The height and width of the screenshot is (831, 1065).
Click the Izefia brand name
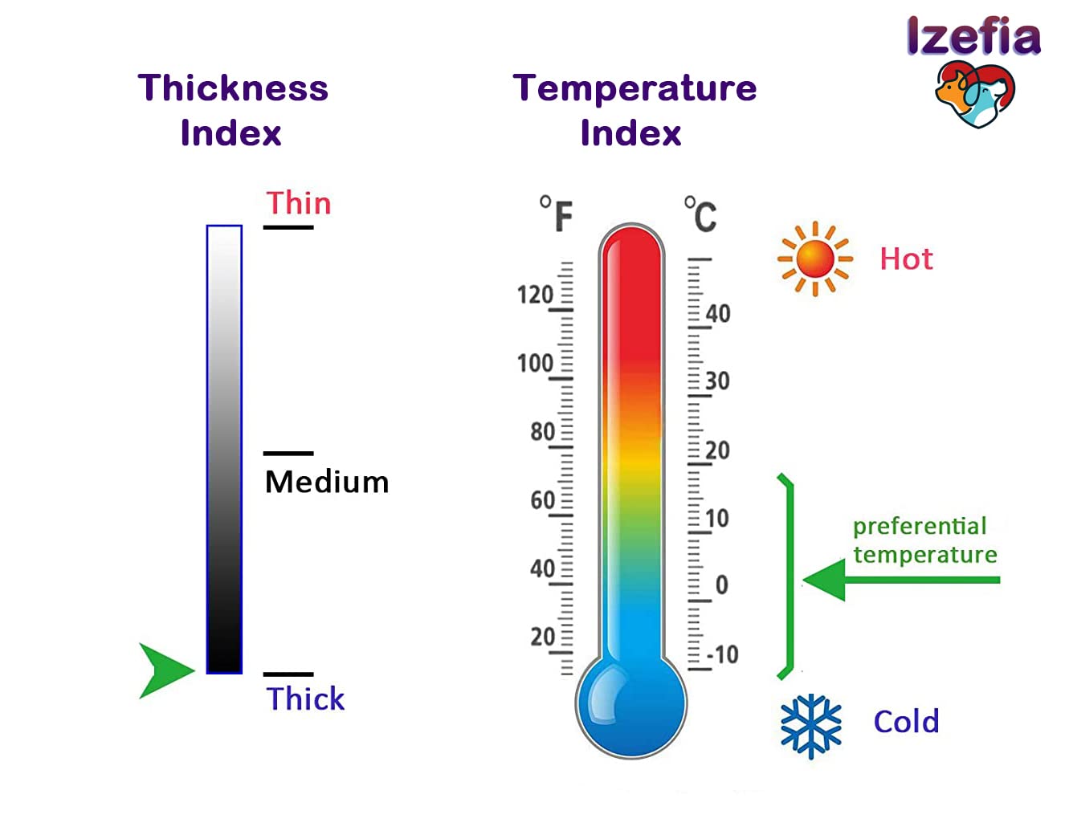point(973,37)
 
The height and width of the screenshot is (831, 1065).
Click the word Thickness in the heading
point(233,88)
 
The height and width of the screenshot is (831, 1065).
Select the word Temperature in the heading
point(635,88)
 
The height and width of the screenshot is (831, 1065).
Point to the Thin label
point(298,203)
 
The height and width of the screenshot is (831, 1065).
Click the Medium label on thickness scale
point(327,482)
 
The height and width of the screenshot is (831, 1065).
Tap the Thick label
point(305,699)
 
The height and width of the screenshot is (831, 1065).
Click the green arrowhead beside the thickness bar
point(165,670)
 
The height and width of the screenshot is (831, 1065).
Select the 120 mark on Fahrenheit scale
point(535,295)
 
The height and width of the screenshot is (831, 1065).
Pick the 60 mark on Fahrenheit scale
point(542,500)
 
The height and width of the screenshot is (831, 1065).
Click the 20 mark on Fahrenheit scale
point(542,637)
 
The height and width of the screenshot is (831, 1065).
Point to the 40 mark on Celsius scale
point(718,313)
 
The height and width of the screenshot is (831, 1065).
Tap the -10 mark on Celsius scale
point(723,654)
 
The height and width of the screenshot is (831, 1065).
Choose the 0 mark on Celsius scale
point(721,585)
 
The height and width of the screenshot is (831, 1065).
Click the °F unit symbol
point(557,214)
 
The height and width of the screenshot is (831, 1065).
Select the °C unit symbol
point(700,214)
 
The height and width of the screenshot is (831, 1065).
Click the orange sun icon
point(814,259)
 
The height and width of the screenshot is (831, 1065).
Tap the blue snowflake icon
point(811,726)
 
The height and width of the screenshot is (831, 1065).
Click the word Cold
point(906,722)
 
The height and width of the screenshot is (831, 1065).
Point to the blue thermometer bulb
point(631,704)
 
